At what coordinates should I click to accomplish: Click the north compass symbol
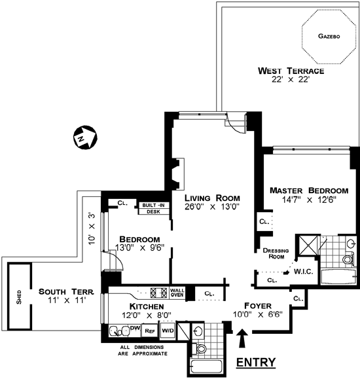coord(85,137)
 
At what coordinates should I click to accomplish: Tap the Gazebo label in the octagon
coord(329,36)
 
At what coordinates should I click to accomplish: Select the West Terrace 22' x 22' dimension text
coord(291,79)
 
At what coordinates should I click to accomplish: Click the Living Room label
coord(212,198)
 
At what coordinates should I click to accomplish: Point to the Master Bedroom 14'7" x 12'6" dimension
coord(309,200)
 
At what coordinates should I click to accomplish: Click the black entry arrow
coord(242,338)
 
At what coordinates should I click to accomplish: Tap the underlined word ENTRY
coord(256,363)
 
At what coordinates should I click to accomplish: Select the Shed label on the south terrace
coord(19,297)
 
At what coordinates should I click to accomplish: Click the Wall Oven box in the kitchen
coord(177,293)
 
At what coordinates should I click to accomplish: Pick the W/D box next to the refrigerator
coord(168,330)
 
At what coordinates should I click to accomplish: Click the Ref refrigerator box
coord(150,331)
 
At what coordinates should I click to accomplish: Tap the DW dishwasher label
coord(135,328)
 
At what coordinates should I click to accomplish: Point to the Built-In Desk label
coord(154,208)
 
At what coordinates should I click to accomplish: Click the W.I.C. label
coord(304,272)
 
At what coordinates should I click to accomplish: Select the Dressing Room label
coord(276,253)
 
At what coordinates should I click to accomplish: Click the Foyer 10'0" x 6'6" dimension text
coord(258,314)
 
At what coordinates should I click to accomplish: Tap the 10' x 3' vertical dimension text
coord(92,229)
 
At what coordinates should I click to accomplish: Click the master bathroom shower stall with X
coord(308,245)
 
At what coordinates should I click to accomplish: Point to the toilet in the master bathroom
coord(348,259)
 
